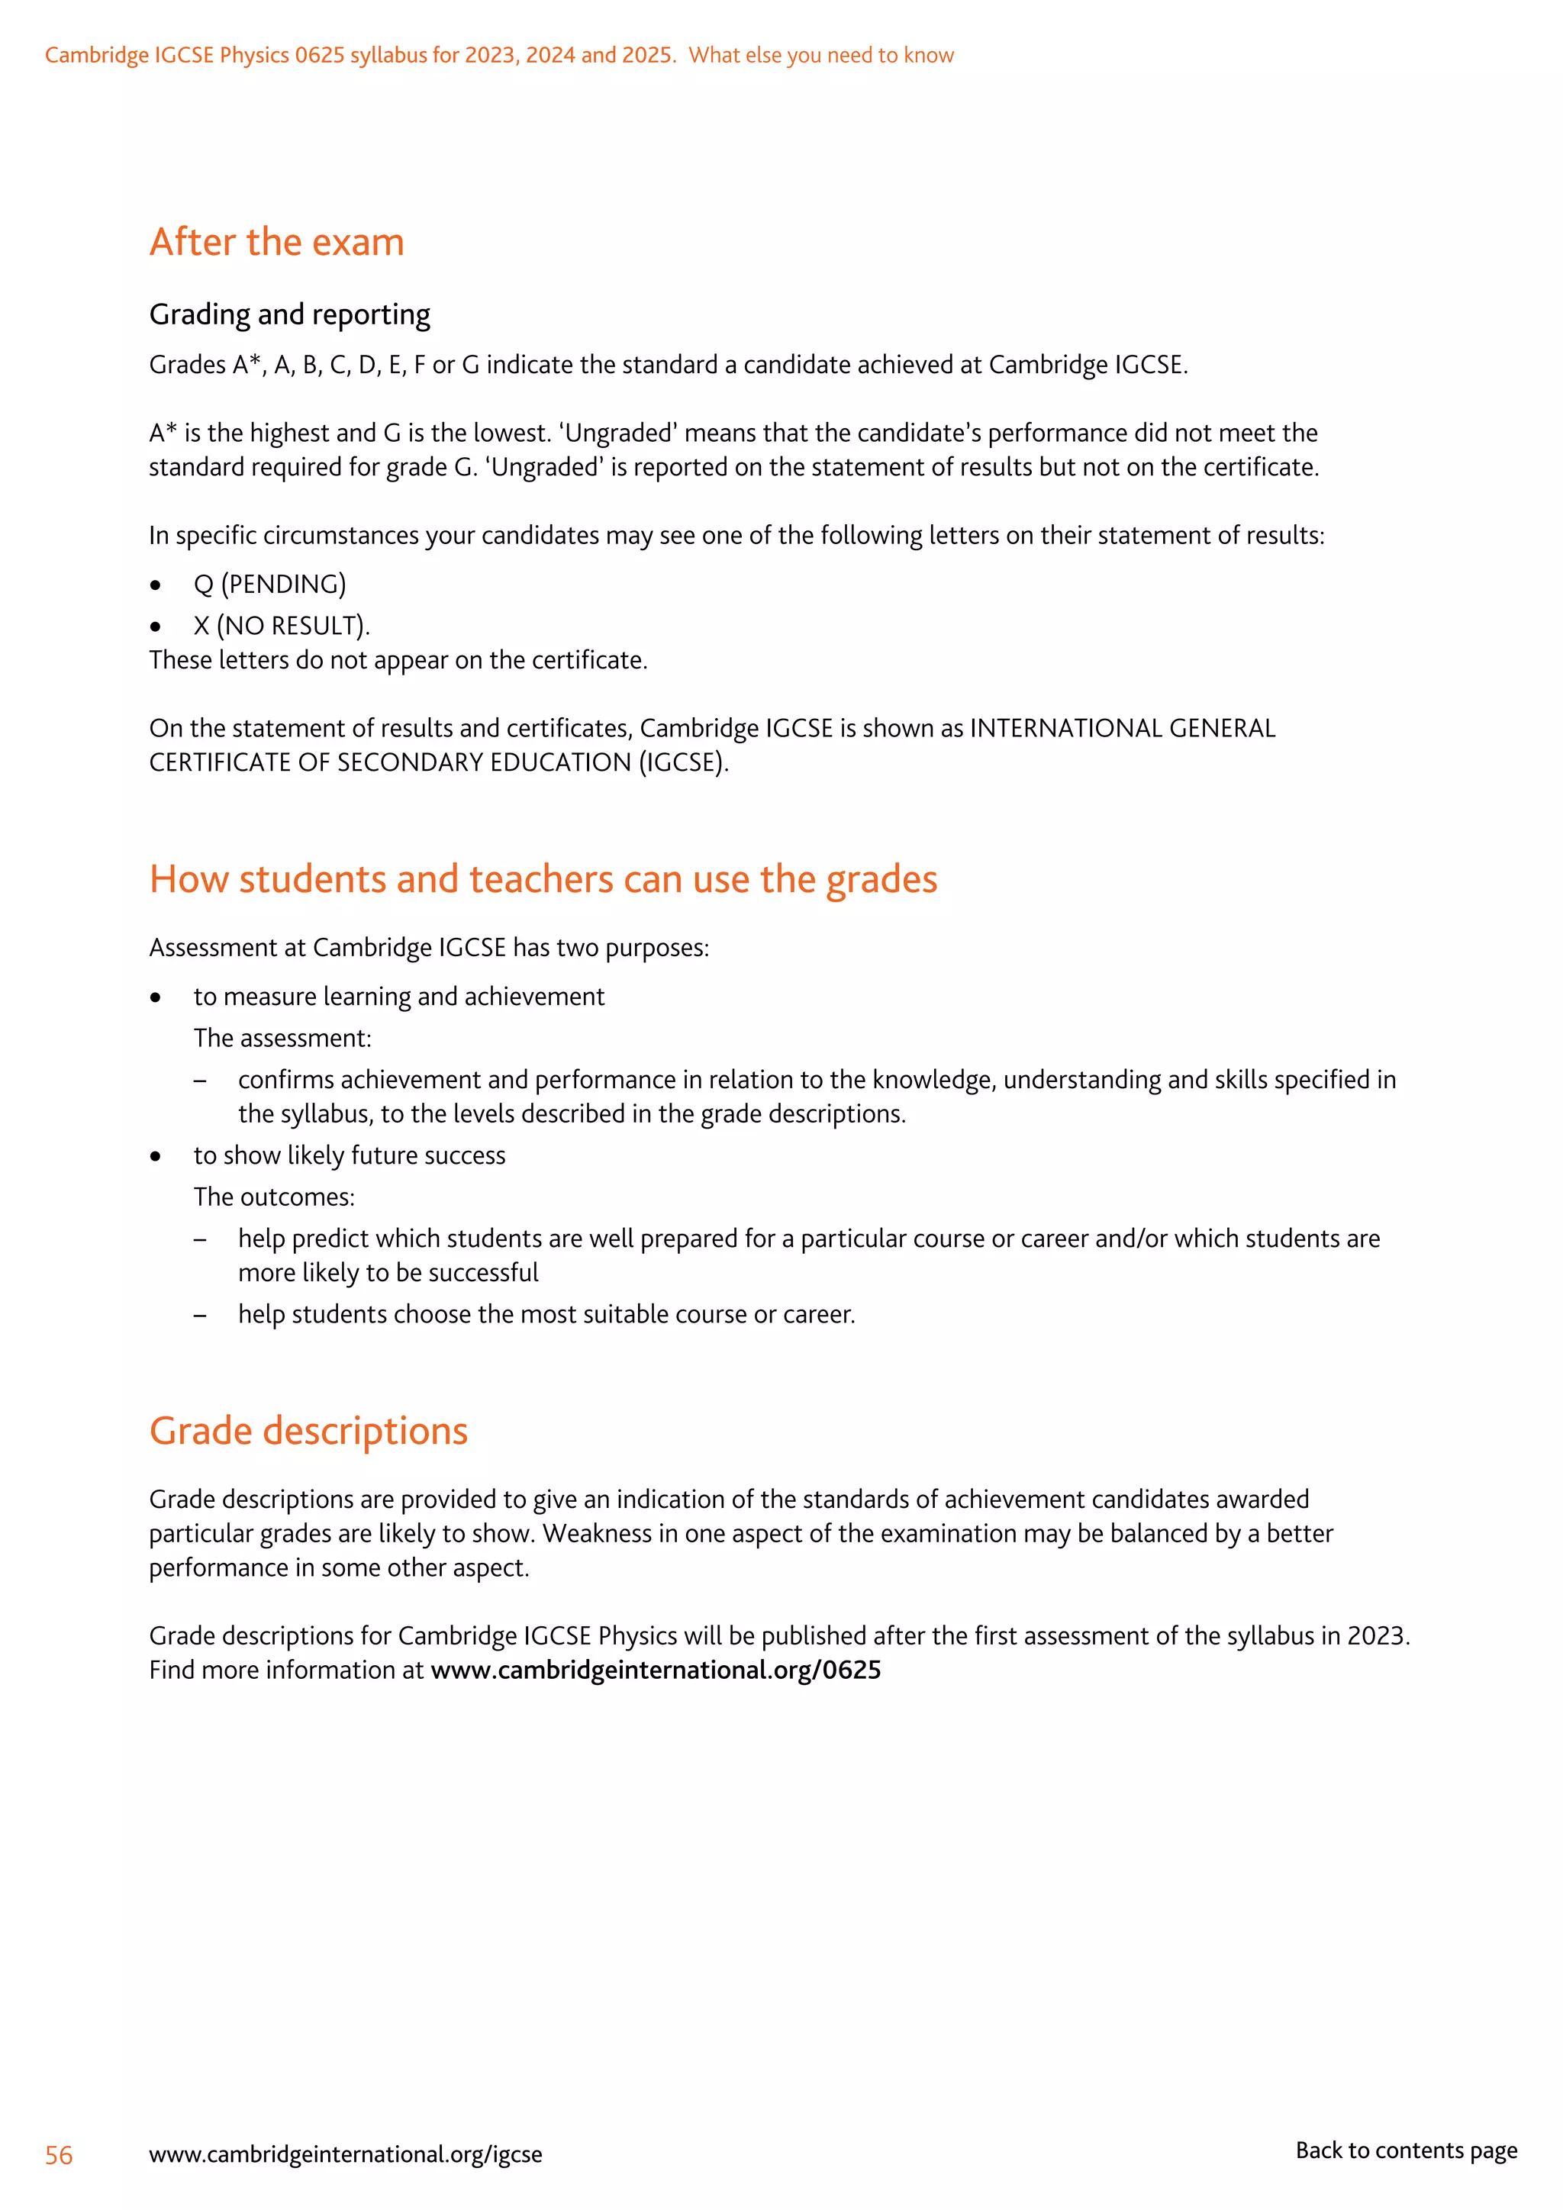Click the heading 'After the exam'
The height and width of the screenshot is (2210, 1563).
(276, 243)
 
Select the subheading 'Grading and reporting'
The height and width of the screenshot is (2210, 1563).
(290, 314)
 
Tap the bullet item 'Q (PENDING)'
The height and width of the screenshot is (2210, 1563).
(269, 585)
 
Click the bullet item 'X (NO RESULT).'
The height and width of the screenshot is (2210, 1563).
(281, 626)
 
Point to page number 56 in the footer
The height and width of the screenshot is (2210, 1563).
(59, 2155)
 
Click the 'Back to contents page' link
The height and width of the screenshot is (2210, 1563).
(1405, 2150)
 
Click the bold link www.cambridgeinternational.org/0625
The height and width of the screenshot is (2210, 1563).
(656, 1670)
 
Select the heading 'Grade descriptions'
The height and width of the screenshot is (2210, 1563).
(308, 1432)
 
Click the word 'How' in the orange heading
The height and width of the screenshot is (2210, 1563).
(188, 880)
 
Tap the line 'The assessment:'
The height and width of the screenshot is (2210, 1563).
(282, 1039)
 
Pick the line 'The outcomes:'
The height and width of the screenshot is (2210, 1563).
(274, 1197)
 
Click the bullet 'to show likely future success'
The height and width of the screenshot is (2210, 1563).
(350, 1156)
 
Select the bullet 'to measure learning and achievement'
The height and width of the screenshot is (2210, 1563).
(398, 997)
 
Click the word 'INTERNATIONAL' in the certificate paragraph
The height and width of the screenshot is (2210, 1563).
(1065, 729)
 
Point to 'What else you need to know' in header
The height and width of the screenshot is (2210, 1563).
(821, 56)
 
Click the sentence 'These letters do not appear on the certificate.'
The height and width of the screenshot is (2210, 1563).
(398, 660)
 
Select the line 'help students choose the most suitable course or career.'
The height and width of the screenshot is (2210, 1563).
(546, 1315)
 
